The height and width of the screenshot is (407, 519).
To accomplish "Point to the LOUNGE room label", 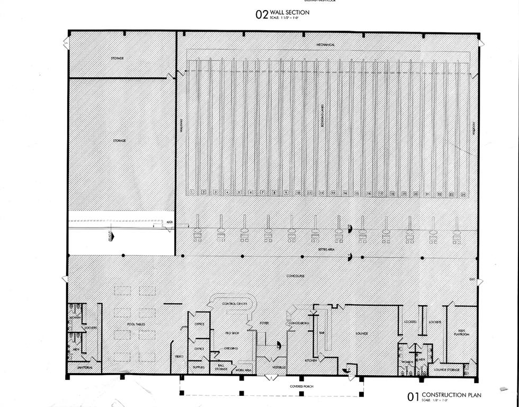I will pos(361,333).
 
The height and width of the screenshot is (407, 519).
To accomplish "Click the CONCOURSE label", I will pos(296,276).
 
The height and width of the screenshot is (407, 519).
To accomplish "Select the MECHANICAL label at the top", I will pos(325,45).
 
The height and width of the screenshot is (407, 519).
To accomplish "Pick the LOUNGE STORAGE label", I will pos(446,369).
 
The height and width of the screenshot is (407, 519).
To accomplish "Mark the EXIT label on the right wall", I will pos(472,279).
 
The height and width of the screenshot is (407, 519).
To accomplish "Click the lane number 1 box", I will pos(192,193).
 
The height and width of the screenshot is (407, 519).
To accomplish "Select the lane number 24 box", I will pos(463,194).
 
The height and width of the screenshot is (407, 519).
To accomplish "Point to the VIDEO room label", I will pos(179,356).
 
